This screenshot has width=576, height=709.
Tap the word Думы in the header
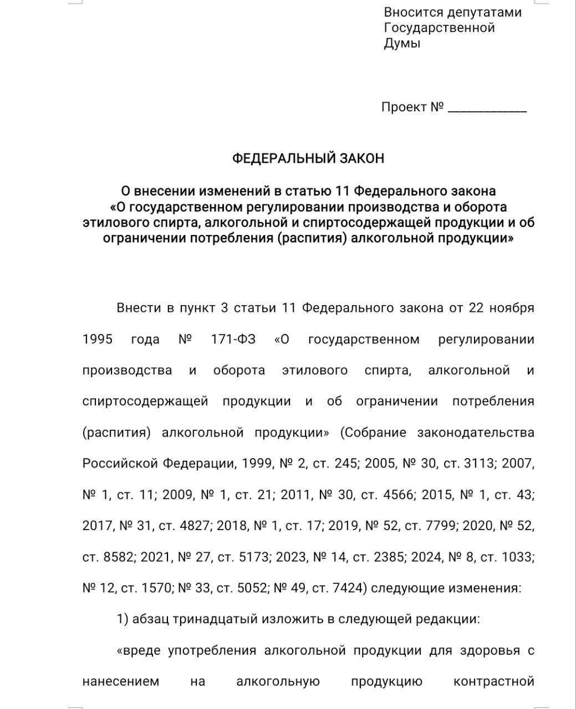tap(402, 44)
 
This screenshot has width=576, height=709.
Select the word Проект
tap(404, 107)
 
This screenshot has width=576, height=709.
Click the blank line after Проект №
tap(487, 109)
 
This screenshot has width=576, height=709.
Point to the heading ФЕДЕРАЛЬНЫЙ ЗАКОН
tap(308, 158)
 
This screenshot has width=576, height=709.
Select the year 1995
tap(97, 339)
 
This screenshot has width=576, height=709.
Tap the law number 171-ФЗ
tap(233, 339)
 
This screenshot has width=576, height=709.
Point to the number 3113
tap(478, 464)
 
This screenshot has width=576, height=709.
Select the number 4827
tap(195, 526)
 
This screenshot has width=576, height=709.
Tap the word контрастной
tap(493, 681)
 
